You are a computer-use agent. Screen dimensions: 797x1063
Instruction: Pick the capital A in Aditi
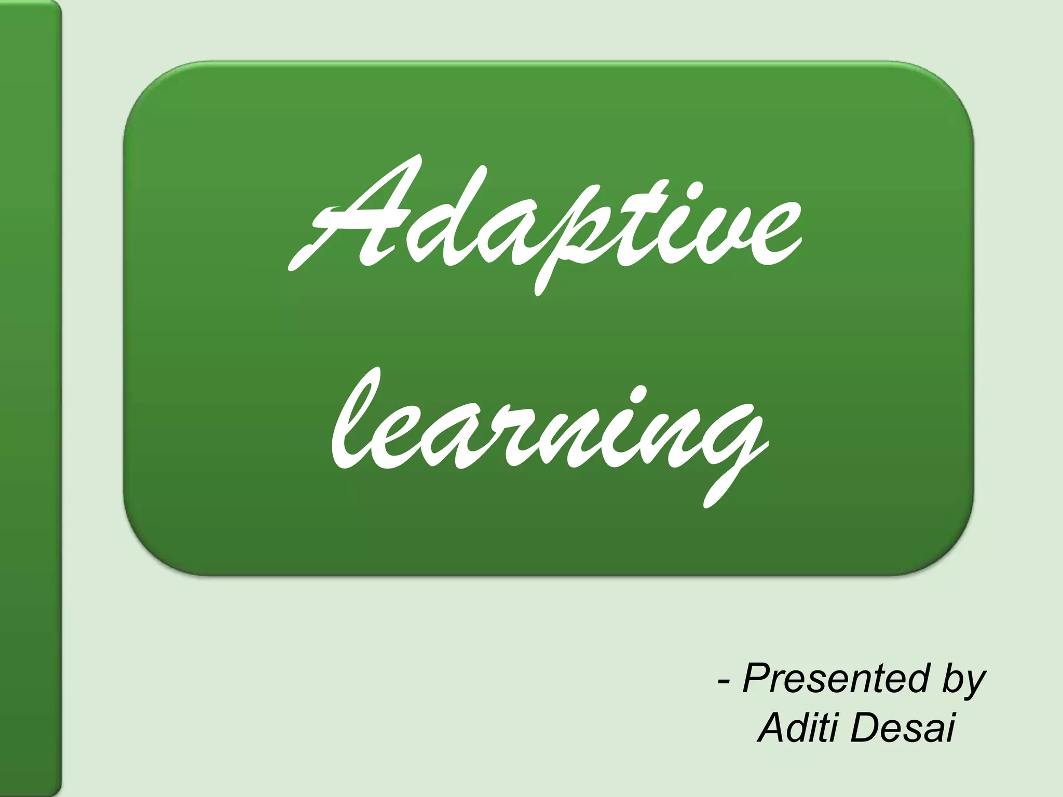click(x=772, y=726)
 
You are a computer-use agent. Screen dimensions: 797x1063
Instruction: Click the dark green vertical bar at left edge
click(x=30, y=398)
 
